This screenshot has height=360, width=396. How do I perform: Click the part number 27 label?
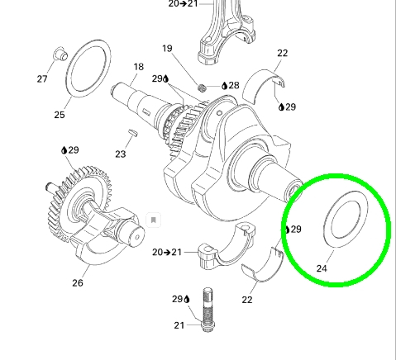(42, 79)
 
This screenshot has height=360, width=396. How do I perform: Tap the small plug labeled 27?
(60, 54)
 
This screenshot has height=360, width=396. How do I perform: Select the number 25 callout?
(60, 115)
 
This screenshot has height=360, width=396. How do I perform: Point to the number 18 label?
(139, 67)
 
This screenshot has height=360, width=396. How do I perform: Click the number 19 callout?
(167, 49)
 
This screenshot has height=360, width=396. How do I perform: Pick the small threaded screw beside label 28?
(203, 88)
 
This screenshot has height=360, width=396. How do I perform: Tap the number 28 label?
(234, 85)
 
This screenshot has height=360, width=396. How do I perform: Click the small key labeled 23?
(134, 132)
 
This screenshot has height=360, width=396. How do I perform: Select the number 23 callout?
(121, 154)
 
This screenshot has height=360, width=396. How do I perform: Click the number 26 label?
(78, 283)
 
